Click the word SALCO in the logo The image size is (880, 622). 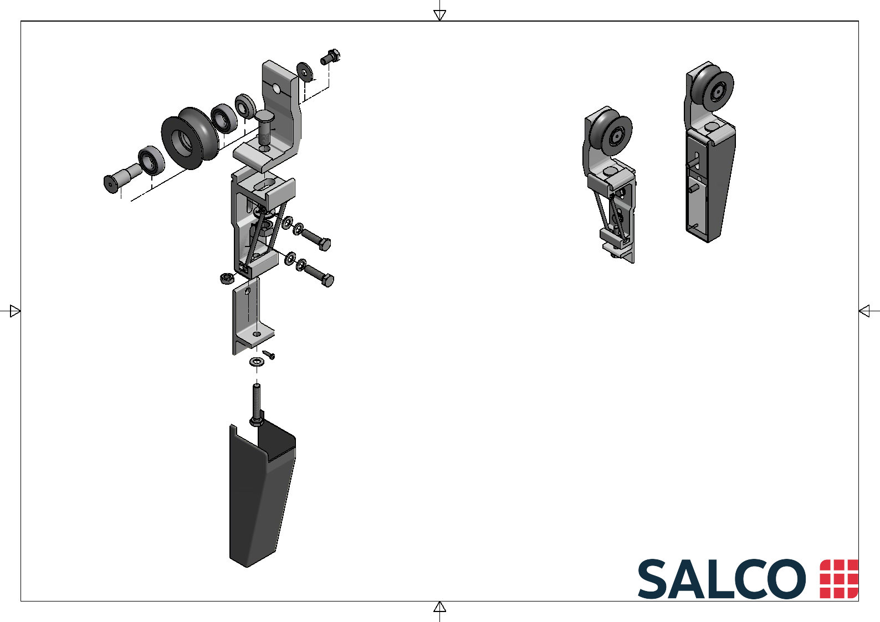(x=722, y=579)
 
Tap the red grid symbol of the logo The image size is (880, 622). (x=839, y=579)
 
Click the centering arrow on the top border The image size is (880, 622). (x=439, y=15)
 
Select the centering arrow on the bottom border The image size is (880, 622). (x=439, y=607)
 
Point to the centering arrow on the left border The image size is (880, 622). (x=15, y=311)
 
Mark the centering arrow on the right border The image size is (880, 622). (x=864, y=311)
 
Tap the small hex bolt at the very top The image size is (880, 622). (x=330, y=57)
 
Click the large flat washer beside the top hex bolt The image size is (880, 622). (x=305, y=72)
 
